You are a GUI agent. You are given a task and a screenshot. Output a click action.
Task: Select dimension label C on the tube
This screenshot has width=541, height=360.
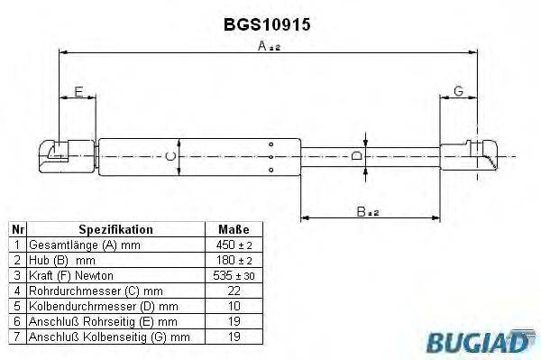coord(173,156)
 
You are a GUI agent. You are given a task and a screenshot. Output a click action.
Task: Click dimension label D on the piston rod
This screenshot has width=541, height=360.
coord(355,157)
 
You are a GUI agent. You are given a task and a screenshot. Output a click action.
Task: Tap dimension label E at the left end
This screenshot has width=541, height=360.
coord(78,91)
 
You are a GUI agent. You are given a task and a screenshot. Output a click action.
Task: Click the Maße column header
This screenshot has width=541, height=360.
coord(234,230)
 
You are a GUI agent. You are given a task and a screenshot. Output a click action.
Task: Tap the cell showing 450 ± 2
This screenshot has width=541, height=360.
coord(234,245)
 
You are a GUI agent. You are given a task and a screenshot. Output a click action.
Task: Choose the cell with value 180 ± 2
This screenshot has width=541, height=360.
coord(234,260)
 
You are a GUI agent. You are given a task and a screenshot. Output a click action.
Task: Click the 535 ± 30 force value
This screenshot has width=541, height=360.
coord(234,275)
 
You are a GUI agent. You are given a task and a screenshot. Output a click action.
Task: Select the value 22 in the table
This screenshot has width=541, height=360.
coord(234,291)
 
